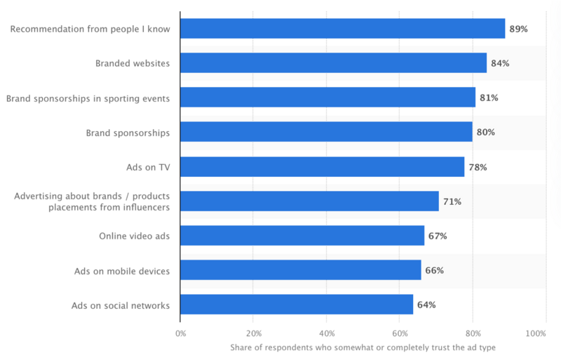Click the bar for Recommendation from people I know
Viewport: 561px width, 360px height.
coord(343,29)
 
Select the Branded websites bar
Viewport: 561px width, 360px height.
coord(334,63)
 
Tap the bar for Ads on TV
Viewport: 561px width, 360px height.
coord(323,167)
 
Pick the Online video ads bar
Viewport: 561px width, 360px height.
coord(302,236)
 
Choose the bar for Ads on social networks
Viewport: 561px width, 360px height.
coord(297,305)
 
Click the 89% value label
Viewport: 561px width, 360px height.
coord(518,29)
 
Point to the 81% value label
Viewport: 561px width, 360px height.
coord(489,98)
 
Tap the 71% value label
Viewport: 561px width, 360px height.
coord(452,201)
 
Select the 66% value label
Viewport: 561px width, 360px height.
coord(434,270)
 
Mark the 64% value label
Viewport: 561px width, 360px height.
coord(426,305)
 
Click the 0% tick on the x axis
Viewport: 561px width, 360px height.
coord(181,333)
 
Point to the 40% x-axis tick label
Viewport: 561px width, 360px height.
coord(327,333)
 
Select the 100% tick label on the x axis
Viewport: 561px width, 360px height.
coord(536,333)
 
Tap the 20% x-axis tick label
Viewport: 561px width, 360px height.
coord(254,333)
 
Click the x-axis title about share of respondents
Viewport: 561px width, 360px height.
coord(363,347)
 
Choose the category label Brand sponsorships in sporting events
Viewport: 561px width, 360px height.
coord(88,98)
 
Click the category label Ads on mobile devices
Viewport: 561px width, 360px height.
coord(122,271)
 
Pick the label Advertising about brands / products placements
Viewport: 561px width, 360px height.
coord(92,201)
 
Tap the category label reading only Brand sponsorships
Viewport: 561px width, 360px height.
coord(128,133)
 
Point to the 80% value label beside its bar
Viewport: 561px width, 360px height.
coord(485,133)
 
